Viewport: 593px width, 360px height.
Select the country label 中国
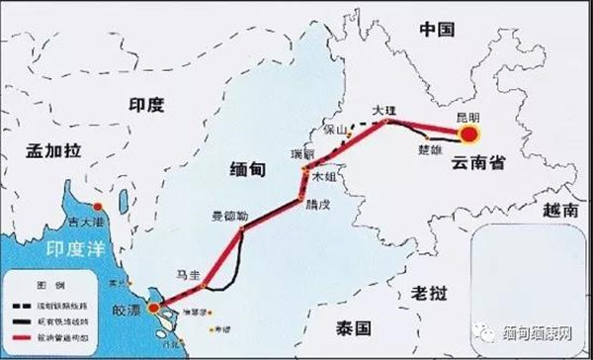(x=435, y=29)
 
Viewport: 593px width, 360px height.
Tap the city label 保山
(x=336, y=130)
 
